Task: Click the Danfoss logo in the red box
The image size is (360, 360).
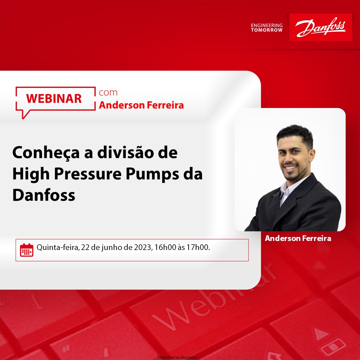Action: [x=320, y=27]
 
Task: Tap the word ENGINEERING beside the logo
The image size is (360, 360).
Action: [x=267, y=25]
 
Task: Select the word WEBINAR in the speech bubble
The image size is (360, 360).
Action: [x=54, y=98]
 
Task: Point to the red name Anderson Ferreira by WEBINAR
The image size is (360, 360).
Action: [x=141, y=105]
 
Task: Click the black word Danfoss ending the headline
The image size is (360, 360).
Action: [x=44, y=195]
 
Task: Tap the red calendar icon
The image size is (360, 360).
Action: [x=27, y=250]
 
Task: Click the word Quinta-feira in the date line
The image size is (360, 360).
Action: [x=56, y=248]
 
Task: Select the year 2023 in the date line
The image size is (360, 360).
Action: [x=143, y=248]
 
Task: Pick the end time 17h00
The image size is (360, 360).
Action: [x=199, y=248]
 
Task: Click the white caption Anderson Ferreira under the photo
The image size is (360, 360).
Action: [x=298, y=238]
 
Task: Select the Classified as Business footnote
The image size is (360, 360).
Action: [x=177, y=357]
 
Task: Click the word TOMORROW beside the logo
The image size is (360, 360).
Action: [x=267, y=30]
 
